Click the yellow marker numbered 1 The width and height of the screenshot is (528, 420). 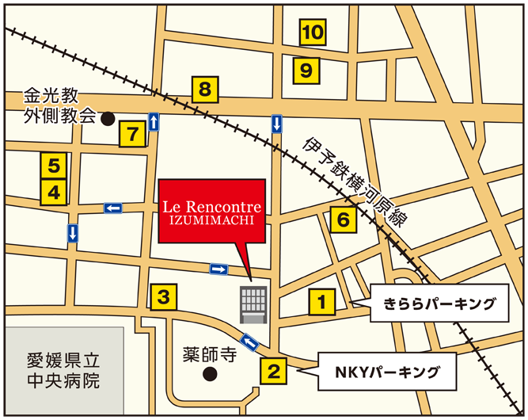coord(322,301)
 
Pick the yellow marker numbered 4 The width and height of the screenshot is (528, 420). coord(54,192)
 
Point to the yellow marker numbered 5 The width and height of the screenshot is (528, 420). coord(54,166)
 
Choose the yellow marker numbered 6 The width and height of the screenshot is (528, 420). coord(343,220)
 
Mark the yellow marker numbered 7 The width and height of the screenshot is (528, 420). coord(132,134)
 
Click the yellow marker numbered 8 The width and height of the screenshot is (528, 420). coord(204,90)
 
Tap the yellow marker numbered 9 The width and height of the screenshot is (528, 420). coord(307,71)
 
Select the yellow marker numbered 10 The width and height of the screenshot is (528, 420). coord(313,32)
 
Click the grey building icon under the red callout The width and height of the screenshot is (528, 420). coord(254,304)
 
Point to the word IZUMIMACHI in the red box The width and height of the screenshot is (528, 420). coord(211,220)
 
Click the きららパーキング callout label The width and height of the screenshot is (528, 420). coord(439,304)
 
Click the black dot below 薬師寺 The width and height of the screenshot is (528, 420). coord(209,373)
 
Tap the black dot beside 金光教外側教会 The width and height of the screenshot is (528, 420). coord(108,119)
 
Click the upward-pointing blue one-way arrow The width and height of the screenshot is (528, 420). coord(153,121)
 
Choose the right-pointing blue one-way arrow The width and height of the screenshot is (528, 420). coord(218,269)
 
